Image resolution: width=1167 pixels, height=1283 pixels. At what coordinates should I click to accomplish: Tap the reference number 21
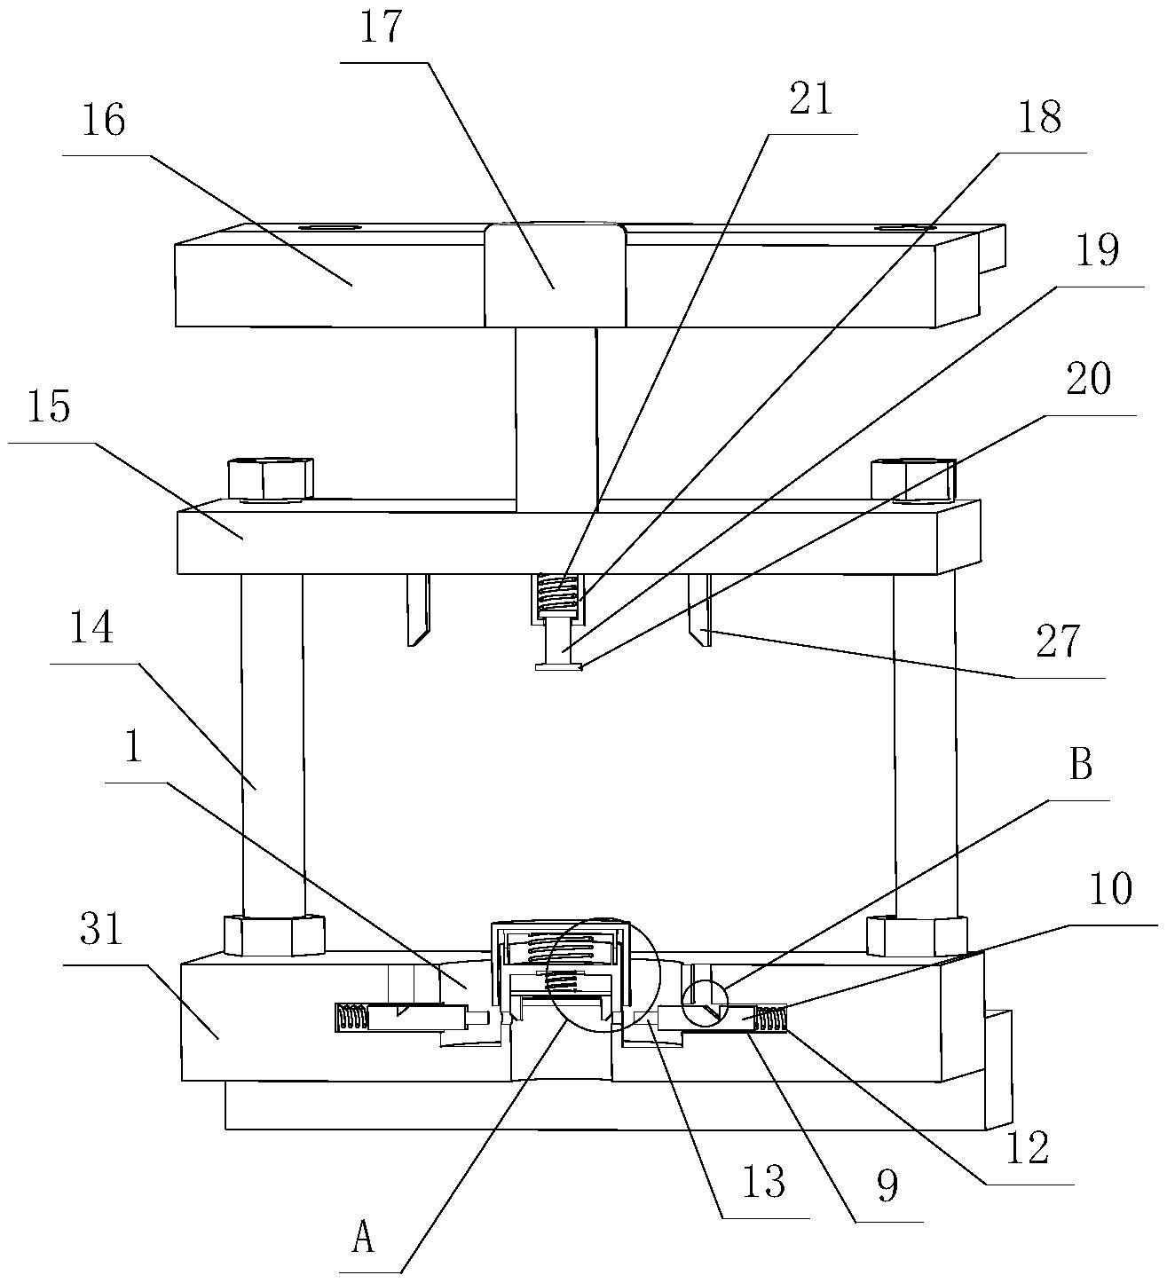point(810,98)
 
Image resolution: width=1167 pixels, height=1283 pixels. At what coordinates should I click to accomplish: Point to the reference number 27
point(1058,641)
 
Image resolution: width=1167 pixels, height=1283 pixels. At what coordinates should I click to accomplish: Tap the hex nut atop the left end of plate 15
point(271,478)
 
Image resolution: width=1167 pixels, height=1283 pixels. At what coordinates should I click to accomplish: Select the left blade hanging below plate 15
point(418,610)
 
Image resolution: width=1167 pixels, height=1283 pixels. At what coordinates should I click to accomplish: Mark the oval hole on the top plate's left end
point(327,227)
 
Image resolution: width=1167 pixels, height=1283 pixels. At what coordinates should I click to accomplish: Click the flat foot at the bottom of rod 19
point(558,666)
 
